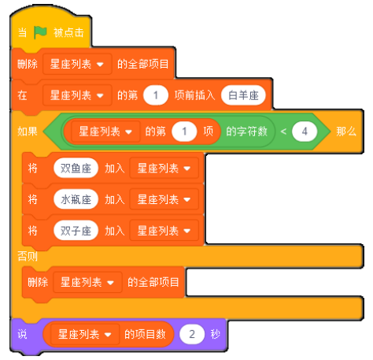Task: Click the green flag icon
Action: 40,32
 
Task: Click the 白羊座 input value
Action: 243,95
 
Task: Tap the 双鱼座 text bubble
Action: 76,168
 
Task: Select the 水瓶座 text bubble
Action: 76,199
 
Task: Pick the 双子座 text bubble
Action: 76,231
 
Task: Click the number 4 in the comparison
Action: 305,132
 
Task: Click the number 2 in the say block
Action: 192,334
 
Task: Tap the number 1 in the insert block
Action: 156,95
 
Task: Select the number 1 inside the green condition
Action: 184,132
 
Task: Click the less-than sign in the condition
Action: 283,132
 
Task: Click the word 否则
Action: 28,256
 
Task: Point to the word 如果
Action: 28,132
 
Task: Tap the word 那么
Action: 346,132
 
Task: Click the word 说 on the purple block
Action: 22,334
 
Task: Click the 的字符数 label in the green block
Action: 246,132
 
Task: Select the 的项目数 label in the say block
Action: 145,334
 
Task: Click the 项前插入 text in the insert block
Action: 194,95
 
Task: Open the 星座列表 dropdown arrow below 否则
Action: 110,283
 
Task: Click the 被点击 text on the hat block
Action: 68,32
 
